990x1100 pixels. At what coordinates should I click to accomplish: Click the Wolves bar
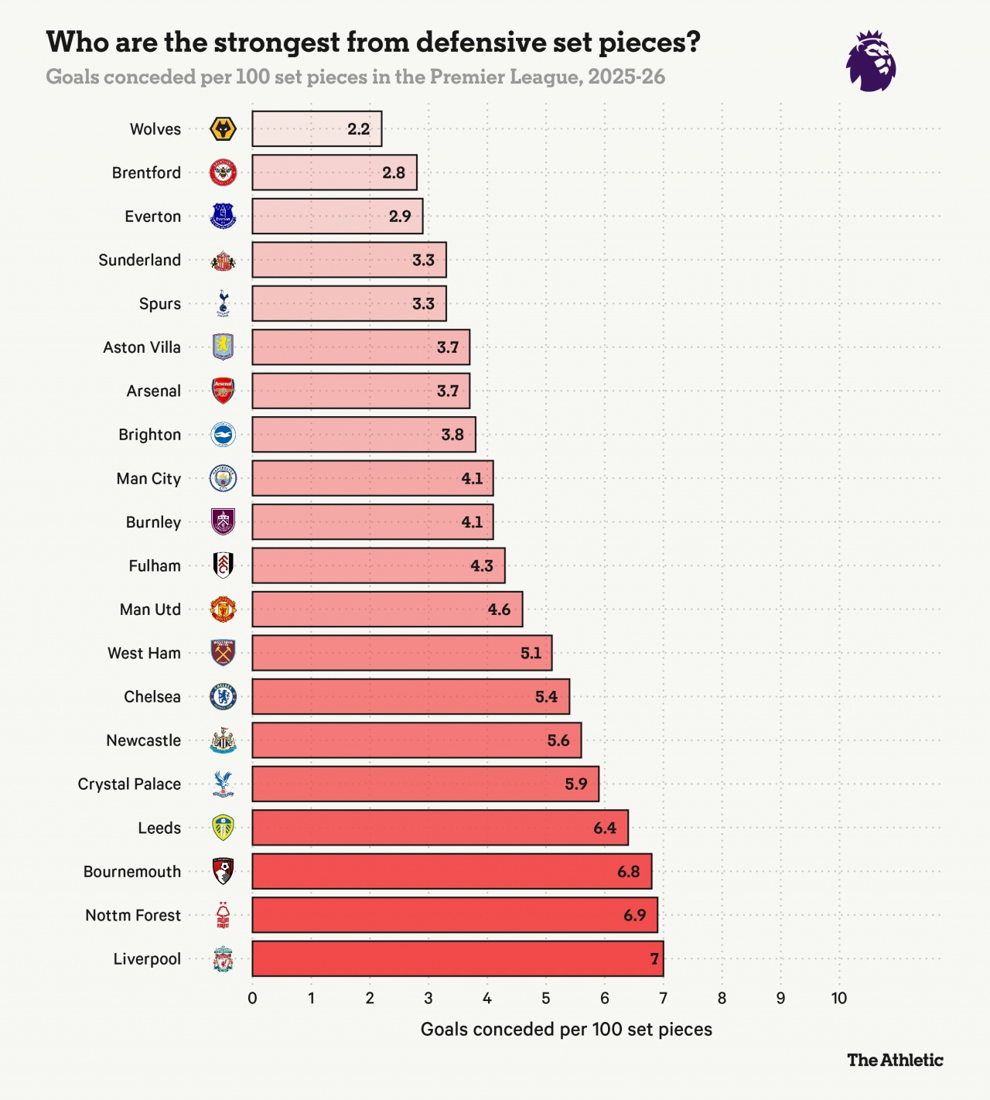pyautogui.click(x=316, y=129)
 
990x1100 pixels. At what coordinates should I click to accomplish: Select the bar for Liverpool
pyautogui.click(x=457, y=959)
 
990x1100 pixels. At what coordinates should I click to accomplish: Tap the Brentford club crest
pyautogui.click(x=223, y=173)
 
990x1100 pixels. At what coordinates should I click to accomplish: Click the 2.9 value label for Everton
pyautogui.click(x=400, y=217)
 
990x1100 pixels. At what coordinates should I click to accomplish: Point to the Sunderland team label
pyautogui.click(x=139, y=260)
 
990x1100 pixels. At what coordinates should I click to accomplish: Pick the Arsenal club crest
pyautogui.click(x=223, y=391)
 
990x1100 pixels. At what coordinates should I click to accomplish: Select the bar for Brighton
pyautogui.click(x=364, y=435)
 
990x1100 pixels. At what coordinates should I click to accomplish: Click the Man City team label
pyautogui.click(x=148, y=479)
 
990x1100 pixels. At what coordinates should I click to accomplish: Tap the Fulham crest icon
pyautogui.click(x=223, y=565)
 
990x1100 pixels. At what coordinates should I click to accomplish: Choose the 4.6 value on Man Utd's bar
pyautogui.click(x=499, y=610)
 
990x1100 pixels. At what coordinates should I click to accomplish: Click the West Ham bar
pyautogui.click(x=401, y=653)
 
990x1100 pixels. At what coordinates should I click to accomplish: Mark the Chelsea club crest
pyautogui.click(x=223, y=697)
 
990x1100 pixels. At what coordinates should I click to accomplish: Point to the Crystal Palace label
pyautogui.click(x=129, y=784)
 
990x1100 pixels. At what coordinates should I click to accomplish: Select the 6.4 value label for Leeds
pyautogui.click(x=605, y=828)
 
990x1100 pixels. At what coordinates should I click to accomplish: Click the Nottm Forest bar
pyautogui.click(x=454, y=915)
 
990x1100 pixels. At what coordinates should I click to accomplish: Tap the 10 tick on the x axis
pyautogui.click(x=839, y=998)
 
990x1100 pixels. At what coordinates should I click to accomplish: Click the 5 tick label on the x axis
pyautogui.click(x=545, y=998)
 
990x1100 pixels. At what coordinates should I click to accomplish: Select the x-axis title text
pyautogui.click(x=566, y=1030)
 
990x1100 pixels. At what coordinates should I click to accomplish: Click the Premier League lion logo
pyautogui.click(x=871, y=61)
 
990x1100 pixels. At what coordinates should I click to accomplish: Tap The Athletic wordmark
pyautogui.click(x=895, y=1060)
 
